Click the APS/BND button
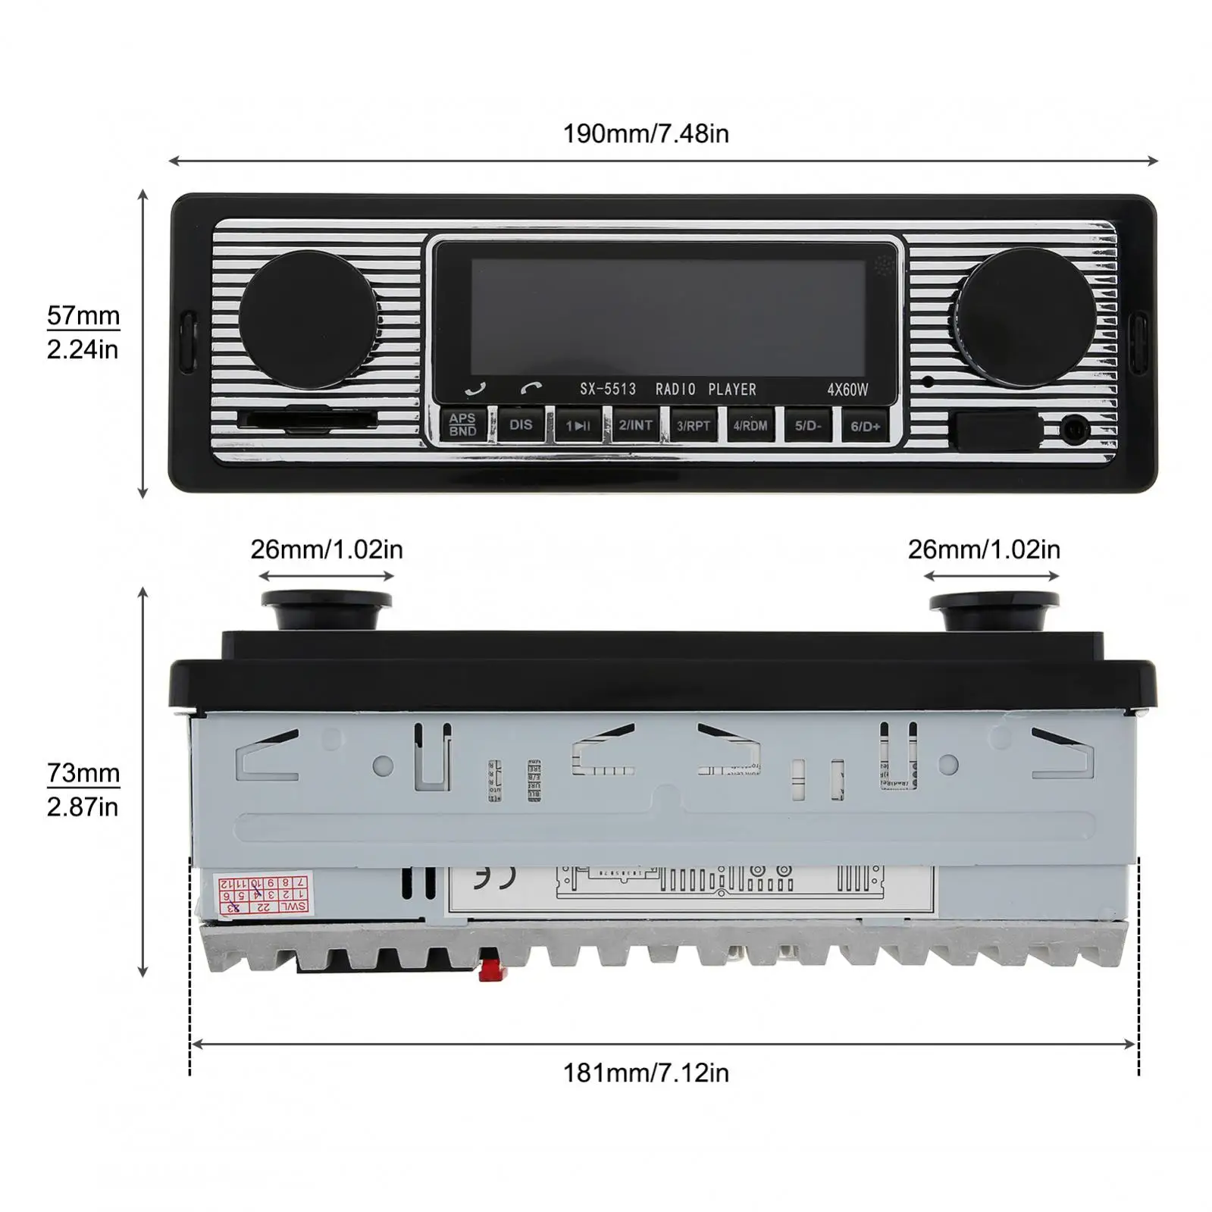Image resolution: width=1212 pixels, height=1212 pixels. (462, 424)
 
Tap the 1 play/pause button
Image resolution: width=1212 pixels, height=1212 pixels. (578, 425)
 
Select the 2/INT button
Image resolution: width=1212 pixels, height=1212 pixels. (635, 425)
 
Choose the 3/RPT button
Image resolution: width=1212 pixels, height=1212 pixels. (693, 425)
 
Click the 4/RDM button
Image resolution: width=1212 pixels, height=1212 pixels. (750, 425)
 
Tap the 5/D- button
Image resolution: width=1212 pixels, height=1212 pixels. (808, 425)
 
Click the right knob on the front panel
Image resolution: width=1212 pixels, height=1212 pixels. (1026, 312)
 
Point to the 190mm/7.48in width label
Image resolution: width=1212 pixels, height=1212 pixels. (646, 134)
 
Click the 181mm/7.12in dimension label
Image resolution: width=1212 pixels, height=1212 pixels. (646, 1073)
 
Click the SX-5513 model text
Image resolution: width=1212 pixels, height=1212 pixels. (608, 390)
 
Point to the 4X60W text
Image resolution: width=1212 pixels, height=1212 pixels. (847, 390)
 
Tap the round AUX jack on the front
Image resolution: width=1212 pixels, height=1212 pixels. (1075, 430)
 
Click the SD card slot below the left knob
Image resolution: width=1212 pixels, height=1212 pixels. (306, 419)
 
